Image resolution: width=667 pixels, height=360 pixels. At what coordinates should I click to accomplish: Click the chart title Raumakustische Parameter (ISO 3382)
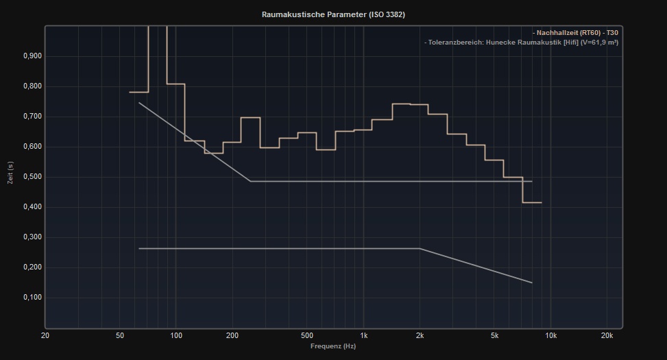coord(333,14)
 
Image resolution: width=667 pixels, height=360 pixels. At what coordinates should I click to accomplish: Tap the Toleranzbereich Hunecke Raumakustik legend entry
coord(522,43)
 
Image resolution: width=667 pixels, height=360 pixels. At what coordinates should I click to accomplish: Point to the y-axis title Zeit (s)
coord(10,173)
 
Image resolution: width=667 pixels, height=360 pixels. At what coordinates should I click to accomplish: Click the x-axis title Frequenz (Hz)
coord(333,346)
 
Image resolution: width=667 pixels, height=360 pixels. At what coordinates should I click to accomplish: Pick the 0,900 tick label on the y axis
coord(32,56)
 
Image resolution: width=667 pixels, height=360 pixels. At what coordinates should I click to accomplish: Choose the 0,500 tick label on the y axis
coord(32,177)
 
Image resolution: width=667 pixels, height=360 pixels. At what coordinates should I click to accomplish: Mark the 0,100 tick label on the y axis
coord(32,298)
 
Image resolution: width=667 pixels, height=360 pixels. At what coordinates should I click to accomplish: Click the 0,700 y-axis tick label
coord(32,117)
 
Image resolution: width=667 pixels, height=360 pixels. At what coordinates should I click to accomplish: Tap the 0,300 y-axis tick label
coord(32,237)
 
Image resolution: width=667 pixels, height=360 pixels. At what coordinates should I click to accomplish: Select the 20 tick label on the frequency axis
coord(45,336)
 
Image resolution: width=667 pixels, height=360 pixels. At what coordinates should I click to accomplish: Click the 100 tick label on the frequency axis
coord(176,336)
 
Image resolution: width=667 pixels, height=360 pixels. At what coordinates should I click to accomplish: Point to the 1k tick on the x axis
coord(363,336)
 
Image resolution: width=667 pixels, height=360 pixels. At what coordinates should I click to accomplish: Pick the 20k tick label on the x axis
coord(607,336)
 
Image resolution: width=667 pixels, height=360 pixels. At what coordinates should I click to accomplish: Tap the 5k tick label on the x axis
coord(494,336)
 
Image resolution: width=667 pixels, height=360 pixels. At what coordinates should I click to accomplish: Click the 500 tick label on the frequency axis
coord(307,336)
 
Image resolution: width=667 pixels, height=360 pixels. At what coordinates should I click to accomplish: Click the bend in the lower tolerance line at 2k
coord(420,249)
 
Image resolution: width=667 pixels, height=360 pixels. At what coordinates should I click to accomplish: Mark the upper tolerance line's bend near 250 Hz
coord(250,181)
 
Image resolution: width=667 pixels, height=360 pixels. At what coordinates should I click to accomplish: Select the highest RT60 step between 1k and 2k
coord(401,104)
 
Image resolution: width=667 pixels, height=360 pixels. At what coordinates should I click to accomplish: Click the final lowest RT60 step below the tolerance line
coord(532,202)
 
